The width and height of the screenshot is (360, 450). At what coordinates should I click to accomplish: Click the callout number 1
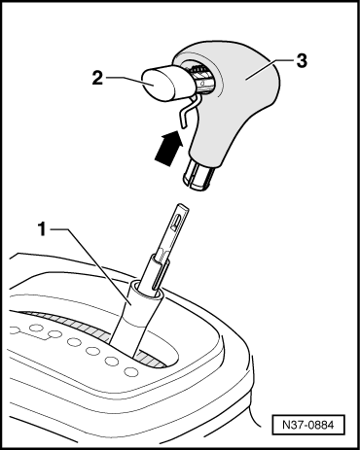42,229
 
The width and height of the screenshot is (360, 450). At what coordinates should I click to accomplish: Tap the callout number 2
97,78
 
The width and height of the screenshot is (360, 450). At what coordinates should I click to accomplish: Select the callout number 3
302,60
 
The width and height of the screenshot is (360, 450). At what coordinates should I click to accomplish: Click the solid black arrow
168,148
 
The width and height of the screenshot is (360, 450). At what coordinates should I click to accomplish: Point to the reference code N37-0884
307,425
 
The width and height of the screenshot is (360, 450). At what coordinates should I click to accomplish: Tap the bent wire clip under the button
189,111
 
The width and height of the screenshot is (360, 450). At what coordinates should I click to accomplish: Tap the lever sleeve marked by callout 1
134,319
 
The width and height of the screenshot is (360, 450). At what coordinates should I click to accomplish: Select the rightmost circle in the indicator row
130,371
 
